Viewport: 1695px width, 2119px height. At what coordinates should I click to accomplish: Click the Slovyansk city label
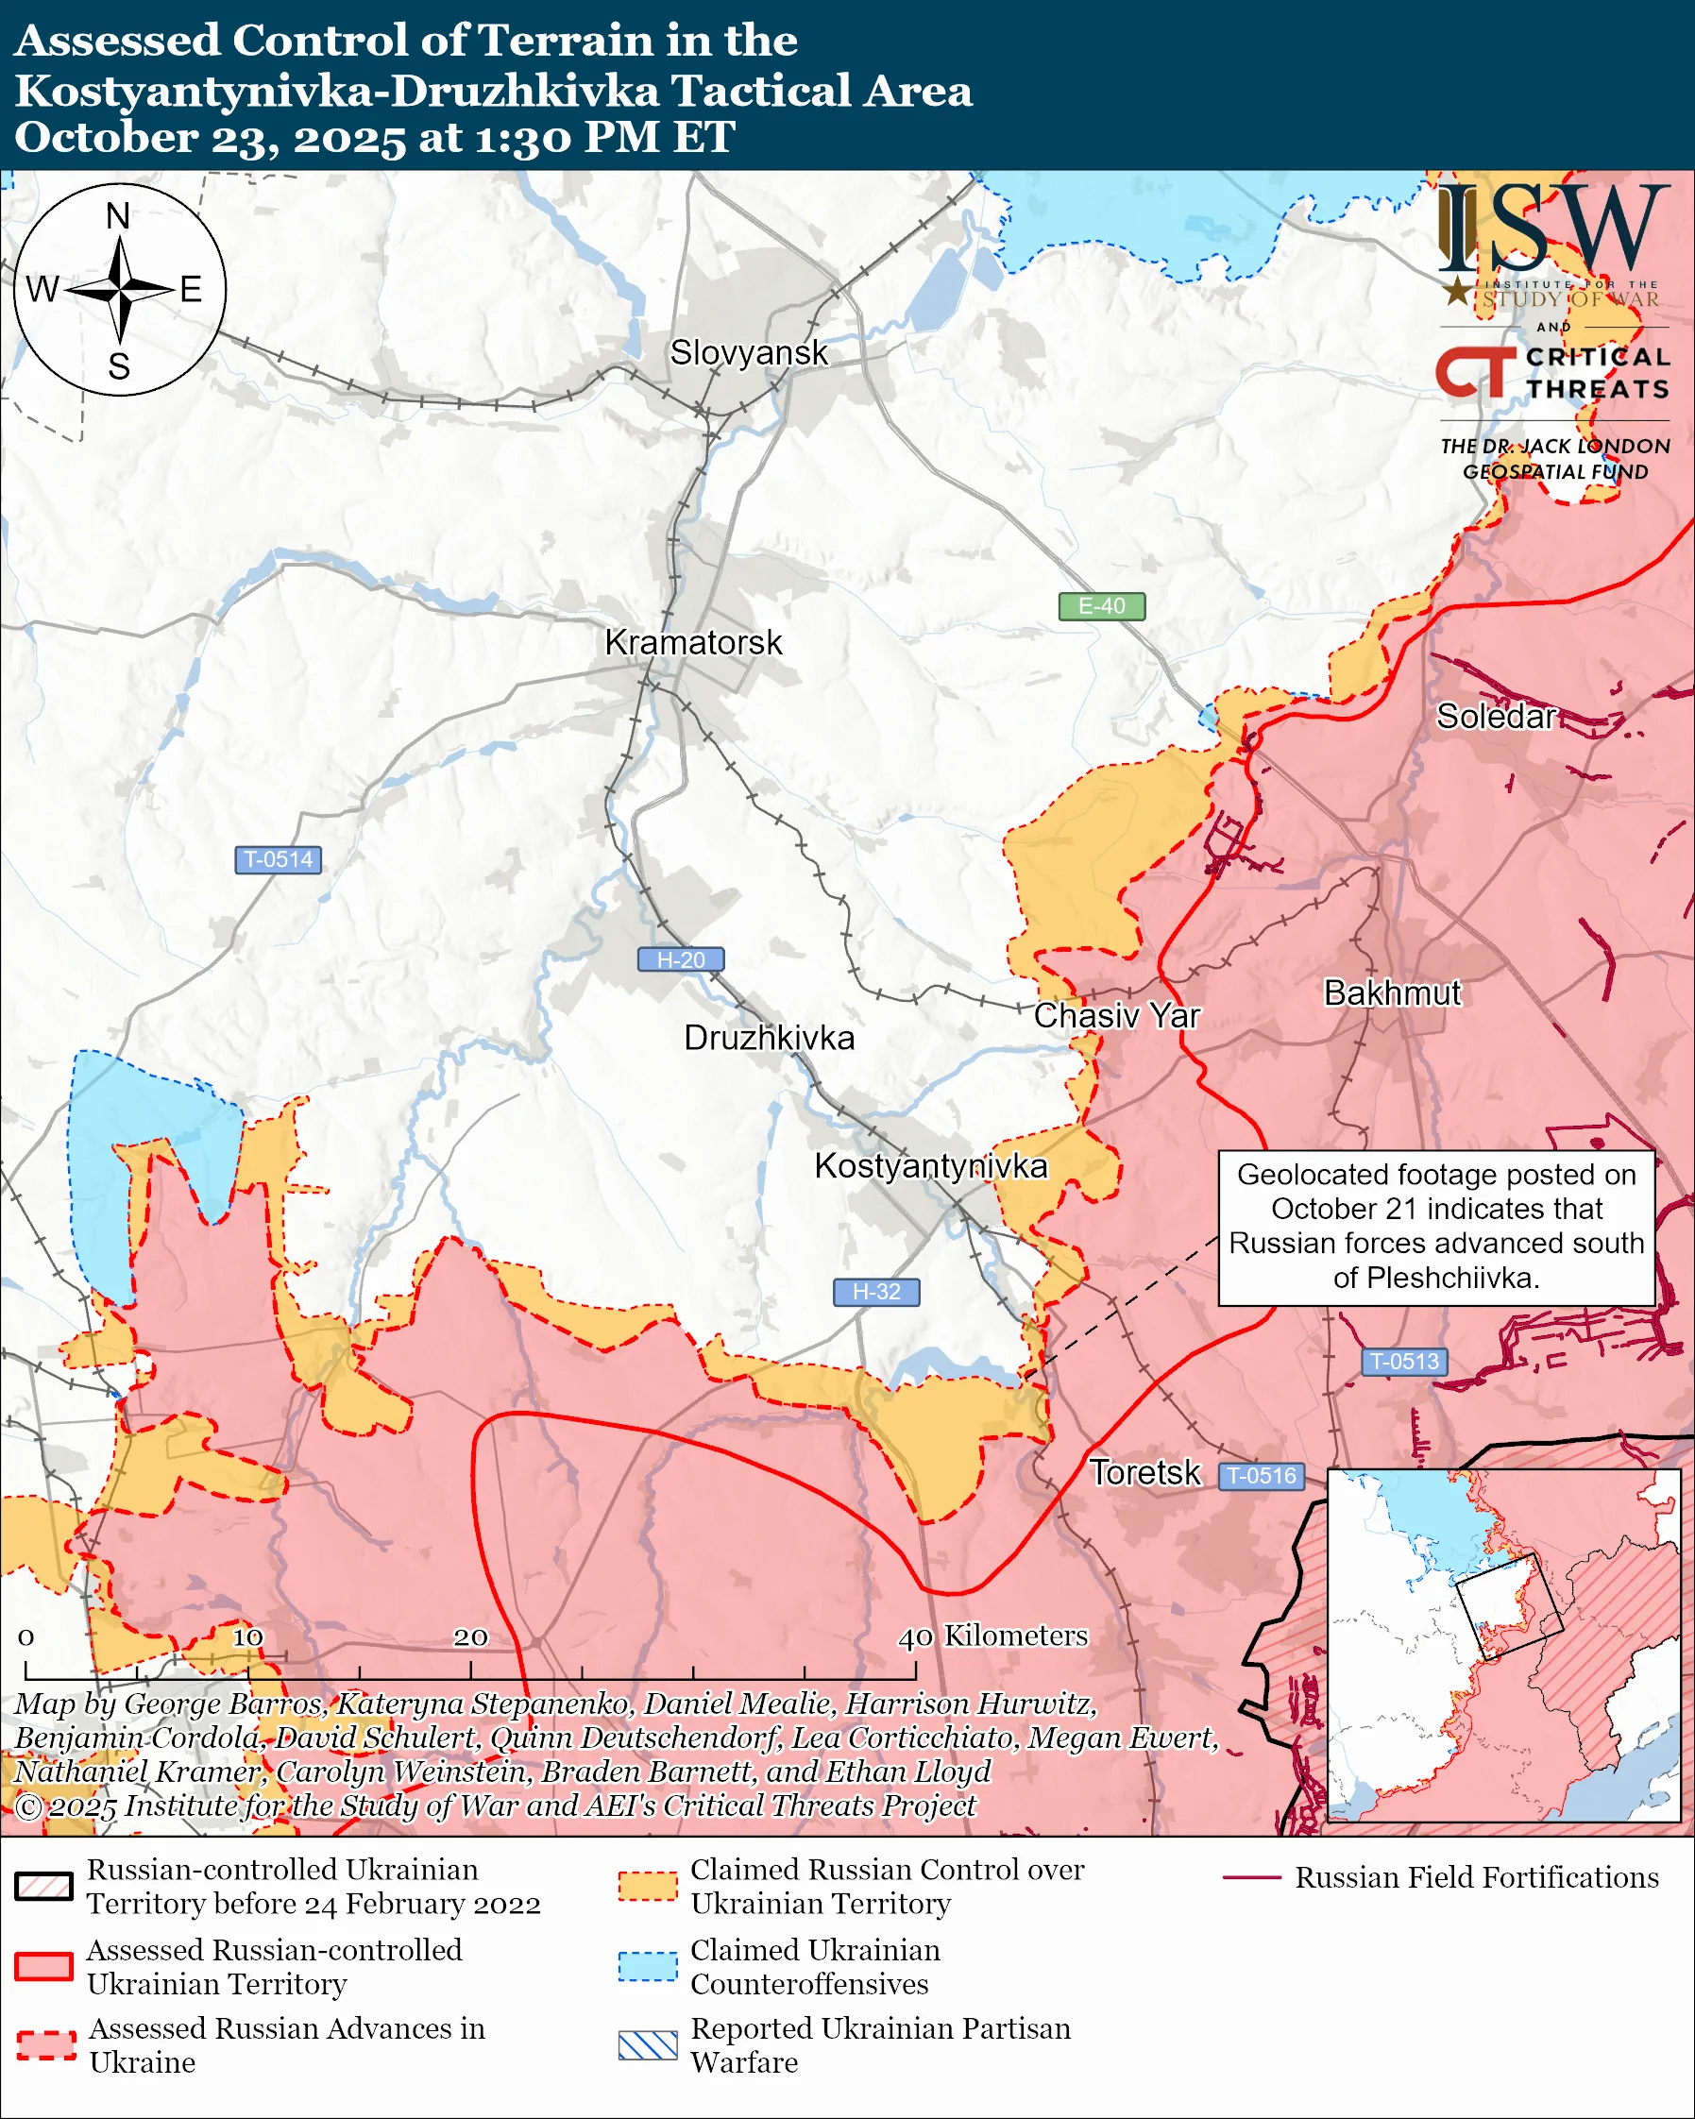749,353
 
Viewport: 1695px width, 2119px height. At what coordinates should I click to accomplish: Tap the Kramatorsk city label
693,643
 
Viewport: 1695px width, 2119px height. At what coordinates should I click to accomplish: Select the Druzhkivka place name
769,1038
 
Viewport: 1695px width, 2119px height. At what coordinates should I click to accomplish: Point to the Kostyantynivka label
930,1165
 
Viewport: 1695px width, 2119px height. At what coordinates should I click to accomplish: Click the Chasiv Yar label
1116,1015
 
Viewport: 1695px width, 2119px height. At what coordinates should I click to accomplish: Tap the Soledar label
1496,717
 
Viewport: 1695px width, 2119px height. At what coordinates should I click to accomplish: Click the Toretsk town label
1144,1472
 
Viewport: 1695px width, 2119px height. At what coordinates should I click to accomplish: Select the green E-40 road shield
1101,606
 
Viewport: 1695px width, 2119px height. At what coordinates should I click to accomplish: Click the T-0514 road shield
278,859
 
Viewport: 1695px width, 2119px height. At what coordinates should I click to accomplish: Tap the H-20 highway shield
681,959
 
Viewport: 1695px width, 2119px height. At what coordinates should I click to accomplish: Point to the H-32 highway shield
875,1292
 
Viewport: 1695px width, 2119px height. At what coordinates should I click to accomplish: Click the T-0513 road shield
1404,1362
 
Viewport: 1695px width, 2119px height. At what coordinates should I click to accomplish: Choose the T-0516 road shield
1262,1475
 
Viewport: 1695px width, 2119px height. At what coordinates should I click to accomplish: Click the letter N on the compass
118,215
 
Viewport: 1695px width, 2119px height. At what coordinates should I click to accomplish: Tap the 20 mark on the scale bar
469,1636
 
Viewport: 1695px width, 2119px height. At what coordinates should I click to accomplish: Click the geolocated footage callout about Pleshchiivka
1435,1227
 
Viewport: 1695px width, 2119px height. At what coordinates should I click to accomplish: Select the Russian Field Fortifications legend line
1252,1877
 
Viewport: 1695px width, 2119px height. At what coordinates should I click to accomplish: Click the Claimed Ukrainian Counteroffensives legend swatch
648,1967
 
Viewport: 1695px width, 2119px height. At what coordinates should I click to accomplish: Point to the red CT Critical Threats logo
1475,372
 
